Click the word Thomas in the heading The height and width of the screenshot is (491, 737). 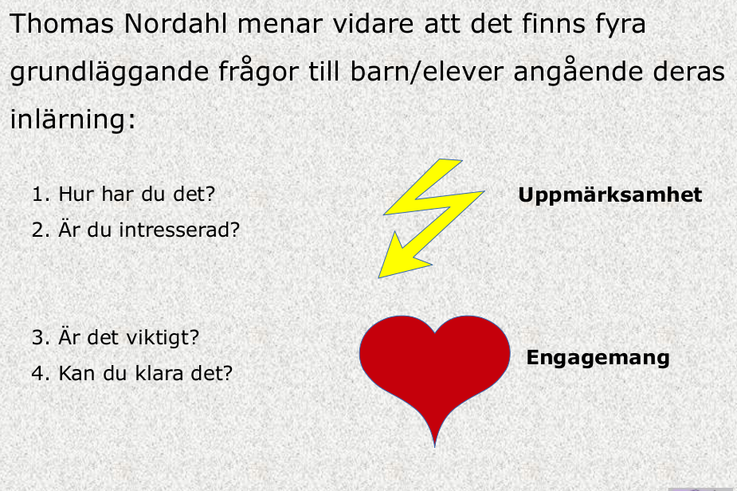click(61, 24)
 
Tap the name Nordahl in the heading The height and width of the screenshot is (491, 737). click(176, 24)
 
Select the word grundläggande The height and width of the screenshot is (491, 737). click(109, 73)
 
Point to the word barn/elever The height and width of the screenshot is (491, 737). click(427, 72)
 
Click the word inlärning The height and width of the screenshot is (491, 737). click(73, 119)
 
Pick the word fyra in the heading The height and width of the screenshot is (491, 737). click(621, 25)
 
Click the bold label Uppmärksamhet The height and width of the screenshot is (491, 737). click(610, 195)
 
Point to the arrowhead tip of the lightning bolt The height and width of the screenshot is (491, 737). click(378, 278)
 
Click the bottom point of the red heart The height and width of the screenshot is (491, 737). click(435, 447)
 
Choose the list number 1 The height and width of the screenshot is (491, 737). click(37, 194)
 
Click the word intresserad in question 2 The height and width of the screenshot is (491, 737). click(174, 230)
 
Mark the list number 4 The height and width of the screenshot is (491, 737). click(37, 374)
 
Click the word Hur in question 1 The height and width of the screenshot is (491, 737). click(75, 194)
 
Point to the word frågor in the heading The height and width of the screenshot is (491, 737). click(258, 72)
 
